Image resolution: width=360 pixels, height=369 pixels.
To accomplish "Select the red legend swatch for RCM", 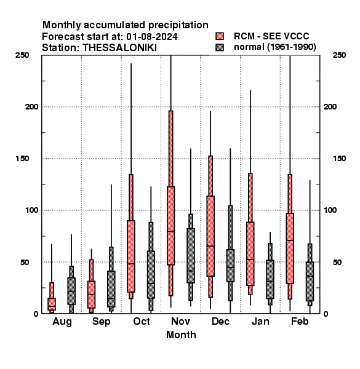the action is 220,36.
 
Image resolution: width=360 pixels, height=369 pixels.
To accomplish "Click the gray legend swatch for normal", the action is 220,47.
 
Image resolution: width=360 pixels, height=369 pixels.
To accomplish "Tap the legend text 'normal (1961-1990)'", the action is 274,47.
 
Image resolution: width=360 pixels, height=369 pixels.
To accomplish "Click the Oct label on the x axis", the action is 142,321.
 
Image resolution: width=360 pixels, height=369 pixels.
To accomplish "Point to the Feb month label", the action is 300,321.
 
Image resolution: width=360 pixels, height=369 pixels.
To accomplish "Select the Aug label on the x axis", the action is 62,322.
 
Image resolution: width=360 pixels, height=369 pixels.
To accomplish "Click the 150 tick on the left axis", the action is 22,159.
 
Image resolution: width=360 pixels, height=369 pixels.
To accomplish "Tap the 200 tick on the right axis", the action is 330,106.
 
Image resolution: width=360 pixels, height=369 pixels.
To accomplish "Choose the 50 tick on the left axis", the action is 25,262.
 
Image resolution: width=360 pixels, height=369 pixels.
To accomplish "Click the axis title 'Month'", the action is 181,335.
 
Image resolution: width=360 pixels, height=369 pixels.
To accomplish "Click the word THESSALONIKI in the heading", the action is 119,48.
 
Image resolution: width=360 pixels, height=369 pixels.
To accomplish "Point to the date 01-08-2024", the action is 152,37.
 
